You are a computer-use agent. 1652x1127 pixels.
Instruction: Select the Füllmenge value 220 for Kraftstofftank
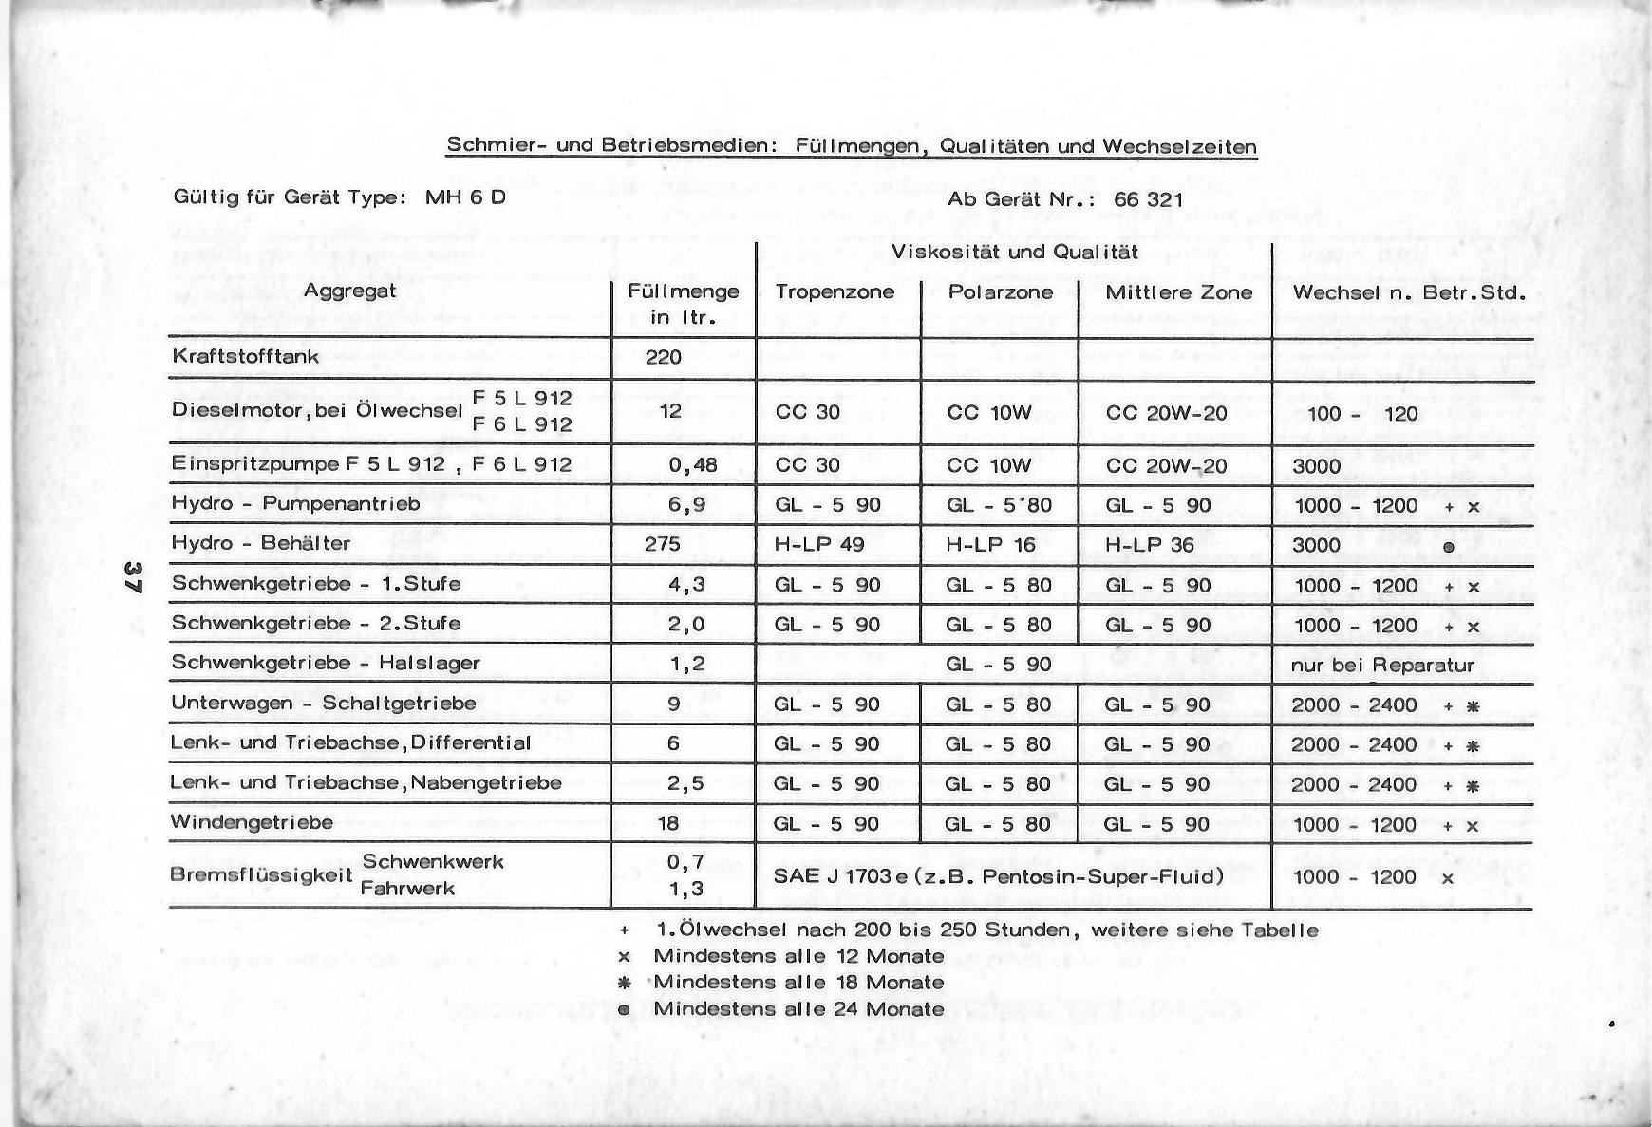(664, 357)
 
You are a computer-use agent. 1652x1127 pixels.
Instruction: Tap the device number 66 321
(1149, 198)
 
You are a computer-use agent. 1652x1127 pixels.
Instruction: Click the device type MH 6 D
(465, 197)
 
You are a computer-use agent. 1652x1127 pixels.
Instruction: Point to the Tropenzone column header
(835, 291)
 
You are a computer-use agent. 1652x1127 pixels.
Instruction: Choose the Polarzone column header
(1001, 291)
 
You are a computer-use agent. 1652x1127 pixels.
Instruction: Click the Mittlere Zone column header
(1178, 292)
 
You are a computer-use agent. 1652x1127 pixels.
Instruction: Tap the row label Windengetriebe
(252, 822)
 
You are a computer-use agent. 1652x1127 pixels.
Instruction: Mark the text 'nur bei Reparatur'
(1382, 665)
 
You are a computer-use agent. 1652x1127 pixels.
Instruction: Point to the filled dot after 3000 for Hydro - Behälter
(1448, 547)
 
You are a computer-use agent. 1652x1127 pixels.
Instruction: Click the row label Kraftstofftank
(246, 357)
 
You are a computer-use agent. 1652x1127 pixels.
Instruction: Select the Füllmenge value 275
(663, 544)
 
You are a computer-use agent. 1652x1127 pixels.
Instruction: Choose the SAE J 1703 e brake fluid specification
(998, 875)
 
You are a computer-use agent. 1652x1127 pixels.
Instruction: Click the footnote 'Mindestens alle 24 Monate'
(798, 1008)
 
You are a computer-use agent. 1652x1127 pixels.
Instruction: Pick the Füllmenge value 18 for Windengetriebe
(668, 822)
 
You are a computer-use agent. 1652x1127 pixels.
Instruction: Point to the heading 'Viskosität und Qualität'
(1014, 252)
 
